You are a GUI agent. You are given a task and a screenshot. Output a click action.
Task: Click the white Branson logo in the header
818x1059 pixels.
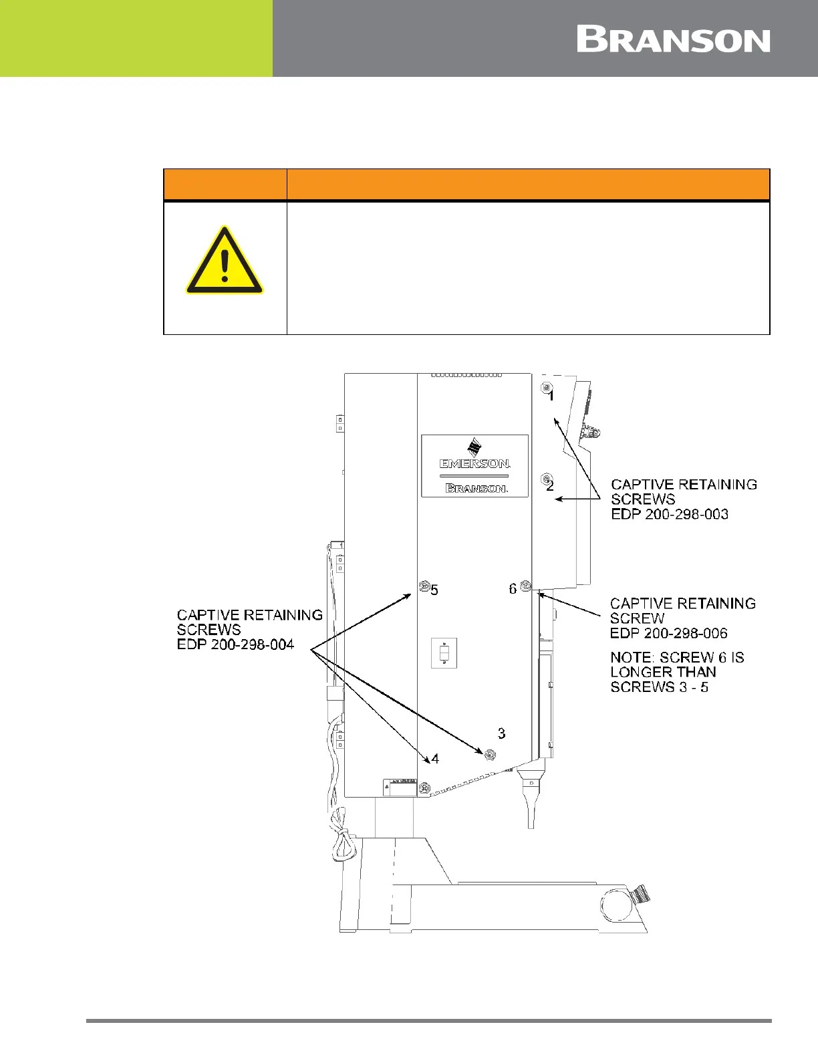coord(673,40)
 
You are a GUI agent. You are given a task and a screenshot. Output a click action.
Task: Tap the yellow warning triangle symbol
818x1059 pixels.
coord(225,261)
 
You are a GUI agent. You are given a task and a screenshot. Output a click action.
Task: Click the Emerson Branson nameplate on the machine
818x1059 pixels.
coord(474,465)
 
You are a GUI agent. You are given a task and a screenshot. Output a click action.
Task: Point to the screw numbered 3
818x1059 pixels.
coord(489,755)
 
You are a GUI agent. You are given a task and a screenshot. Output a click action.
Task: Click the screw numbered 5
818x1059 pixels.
coord(423,586)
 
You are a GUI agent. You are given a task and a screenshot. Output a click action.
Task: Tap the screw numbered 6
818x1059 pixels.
coord(525,586)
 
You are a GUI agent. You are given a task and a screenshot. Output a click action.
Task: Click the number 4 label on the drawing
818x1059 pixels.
coord(435,758)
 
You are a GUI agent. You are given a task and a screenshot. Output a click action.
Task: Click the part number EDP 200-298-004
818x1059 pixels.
coord(235,644)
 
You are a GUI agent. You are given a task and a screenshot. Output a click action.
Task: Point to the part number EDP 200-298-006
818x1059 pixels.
coord(668,633)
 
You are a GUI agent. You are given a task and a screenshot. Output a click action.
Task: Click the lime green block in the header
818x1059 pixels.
coord(136,38)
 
